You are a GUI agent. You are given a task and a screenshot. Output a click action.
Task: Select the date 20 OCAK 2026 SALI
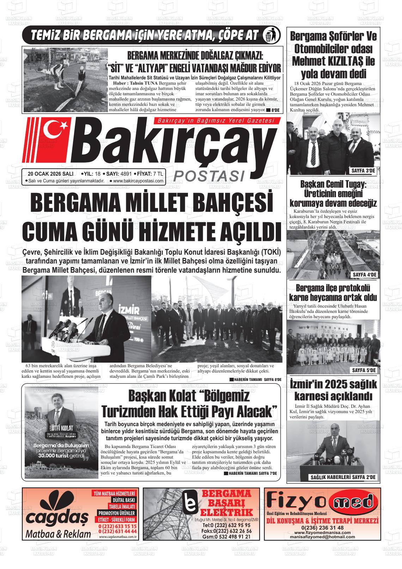[50, 174]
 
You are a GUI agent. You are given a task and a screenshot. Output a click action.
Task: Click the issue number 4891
[126, 174]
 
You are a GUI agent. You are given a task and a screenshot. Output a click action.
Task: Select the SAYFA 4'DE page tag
[365, 274]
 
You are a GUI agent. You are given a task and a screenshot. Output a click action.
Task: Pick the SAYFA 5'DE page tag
[364, 370]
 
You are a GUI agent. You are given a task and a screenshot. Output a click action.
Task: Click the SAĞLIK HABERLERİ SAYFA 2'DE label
[343, 477]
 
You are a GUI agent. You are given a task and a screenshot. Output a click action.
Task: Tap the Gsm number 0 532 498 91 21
[227, 537]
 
